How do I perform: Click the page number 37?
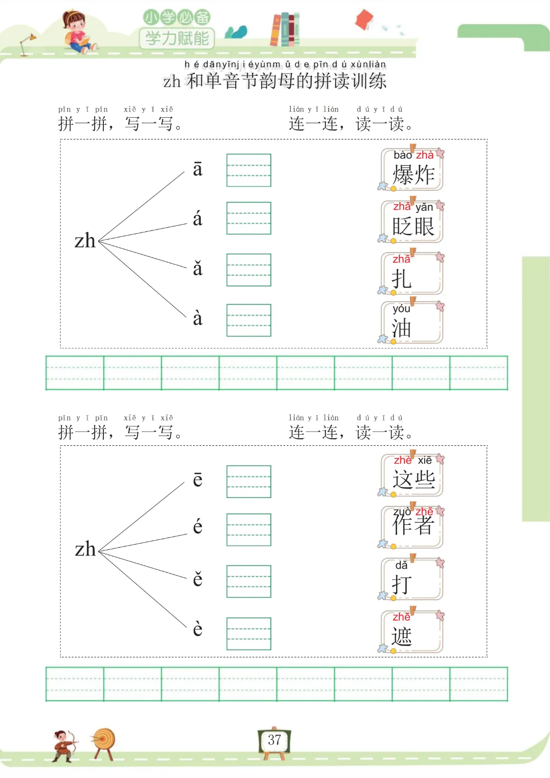click(274, 740)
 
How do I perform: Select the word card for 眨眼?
click(413, 222)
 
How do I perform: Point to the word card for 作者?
click(413, 527)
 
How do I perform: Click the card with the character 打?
click(413, 580)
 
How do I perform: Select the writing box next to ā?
click(249, 170)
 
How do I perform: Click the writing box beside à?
click(249, 320)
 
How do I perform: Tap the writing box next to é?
click(249, 529)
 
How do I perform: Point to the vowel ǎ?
click(198, 269)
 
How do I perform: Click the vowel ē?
click(198, 479)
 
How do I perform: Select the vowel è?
click(198, 629)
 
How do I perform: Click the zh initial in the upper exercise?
click(85, 240)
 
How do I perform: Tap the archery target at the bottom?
click(104, 742)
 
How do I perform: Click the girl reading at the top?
click(77, 32)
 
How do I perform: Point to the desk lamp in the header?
click(27, 44)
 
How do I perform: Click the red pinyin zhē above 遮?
click(401, 617)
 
